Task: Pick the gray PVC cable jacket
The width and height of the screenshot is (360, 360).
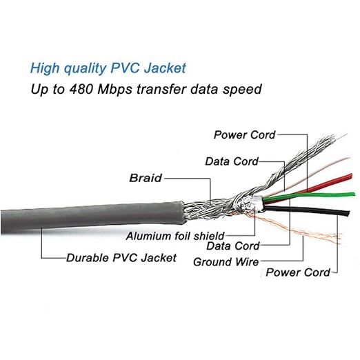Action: [92, 217]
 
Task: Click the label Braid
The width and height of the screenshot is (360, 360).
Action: [146, 178]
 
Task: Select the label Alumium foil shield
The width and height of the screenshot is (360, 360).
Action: [175, 236]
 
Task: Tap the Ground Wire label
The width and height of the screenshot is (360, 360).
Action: [226, 262]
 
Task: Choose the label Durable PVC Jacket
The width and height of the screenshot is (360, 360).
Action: [121, 258]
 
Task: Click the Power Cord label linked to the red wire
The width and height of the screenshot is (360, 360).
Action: [244, 134]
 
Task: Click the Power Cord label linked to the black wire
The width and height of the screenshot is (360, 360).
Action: [298, 272]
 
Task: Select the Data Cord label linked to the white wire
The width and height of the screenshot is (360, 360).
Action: [232, 161]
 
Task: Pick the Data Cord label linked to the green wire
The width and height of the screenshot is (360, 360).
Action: [233, 246]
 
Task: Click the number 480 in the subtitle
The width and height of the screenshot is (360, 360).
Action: [81, 89]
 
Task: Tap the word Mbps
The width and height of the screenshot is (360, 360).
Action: [114, 90]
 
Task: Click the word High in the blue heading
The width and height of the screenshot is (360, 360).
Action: [45, 68]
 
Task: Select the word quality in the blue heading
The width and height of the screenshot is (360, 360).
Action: [85, 68]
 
